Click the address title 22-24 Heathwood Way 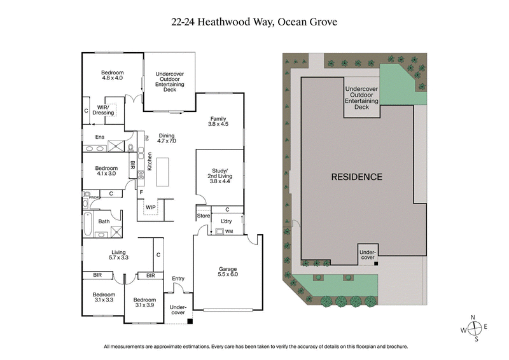click(254, 22)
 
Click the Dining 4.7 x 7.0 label click(167, 138)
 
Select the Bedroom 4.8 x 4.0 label click(112, 76)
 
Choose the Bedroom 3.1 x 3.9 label click(145, 302)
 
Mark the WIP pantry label click(151, 207)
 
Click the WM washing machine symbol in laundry click(220, 231)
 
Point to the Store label click(203, 216)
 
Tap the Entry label click(178, 279)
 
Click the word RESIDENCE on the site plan click(356, 177)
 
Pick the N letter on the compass click(473, 317)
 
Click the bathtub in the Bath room click(88, 224)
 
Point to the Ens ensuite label click(100, 137)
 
